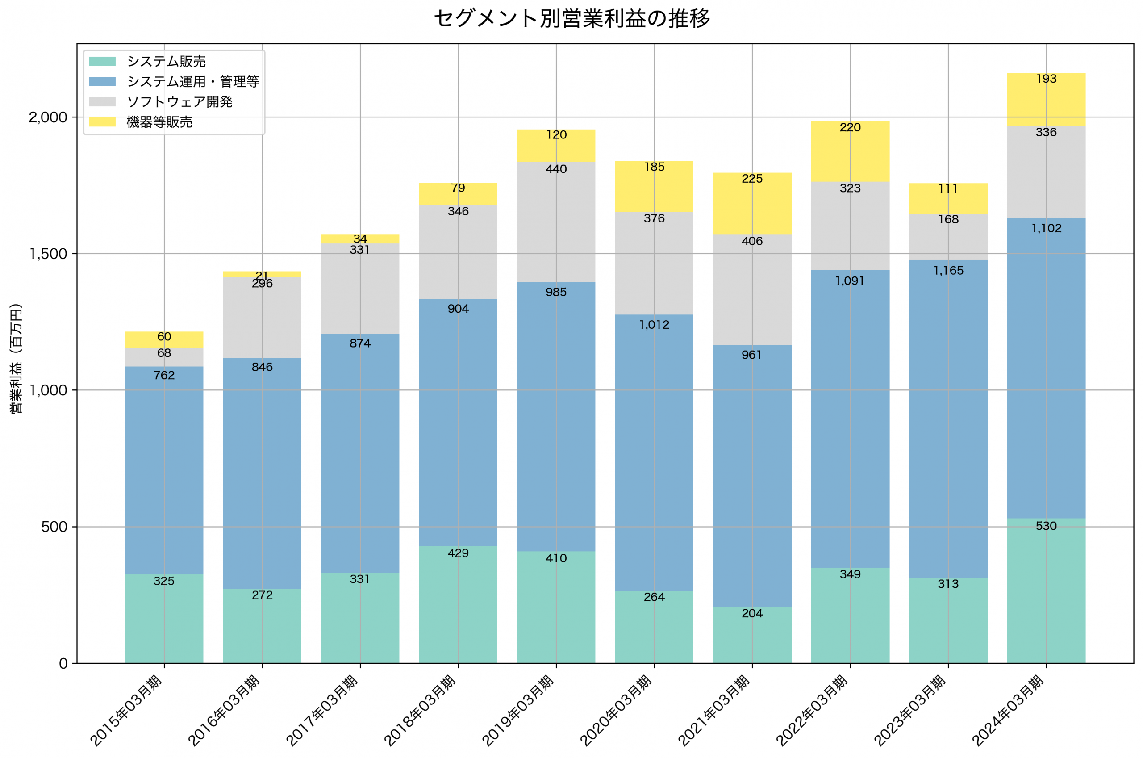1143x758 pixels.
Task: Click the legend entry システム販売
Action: coord(166,61)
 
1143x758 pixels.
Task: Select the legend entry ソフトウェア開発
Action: coord(179,102)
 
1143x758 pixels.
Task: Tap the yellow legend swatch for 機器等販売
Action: coord(102,122)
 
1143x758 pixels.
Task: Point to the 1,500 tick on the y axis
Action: coord(48,254)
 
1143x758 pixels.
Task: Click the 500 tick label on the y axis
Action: coord(54,527)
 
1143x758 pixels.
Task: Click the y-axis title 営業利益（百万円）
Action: coord(17,359)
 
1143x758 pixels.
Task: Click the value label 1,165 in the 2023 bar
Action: coord(948,271)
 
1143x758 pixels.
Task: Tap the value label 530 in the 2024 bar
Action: coord(1046,526)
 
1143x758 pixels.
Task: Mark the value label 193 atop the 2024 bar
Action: coord(1046,79)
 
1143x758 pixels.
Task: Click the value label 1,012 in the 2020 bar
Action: coord(654,325)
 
